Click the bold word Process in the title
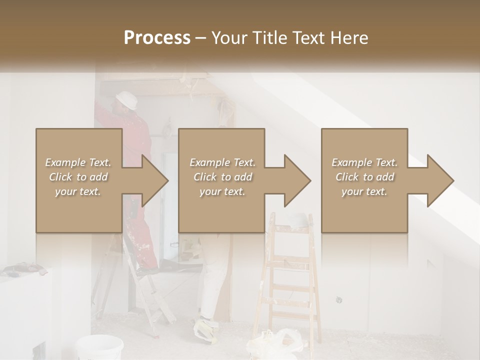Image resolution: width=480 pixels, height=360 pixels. tap(157, 37)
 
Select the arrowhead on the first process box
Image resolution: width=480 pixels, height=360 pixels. tap(155, 180)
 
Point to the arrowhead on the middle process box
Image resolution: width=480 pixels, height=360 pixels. tap(297, 180)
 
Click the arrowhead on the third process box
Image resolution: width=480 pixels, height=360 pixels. tap(440, 180)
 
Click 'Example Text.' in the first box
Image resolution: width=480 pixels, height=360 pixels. tap(78, 162)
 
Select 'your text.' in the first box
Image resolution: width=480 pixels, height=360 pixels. tap(78, 191)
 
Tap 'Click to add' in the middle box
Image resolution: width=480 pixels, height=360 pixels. tap(222, 177)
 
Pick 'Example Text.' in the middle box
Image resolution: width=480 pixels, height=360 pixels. tap(222, 162)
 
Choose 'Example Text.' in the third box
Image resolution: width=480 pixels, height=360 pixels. tap(364, 162)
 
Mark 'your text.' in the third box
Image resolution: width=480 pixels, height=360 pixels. tap(364, 191)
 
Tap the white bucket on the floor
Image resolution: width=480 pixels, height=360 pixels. tap(99, 347)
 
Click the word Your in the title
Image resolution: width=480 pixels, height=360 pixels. tap(228, 37)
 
